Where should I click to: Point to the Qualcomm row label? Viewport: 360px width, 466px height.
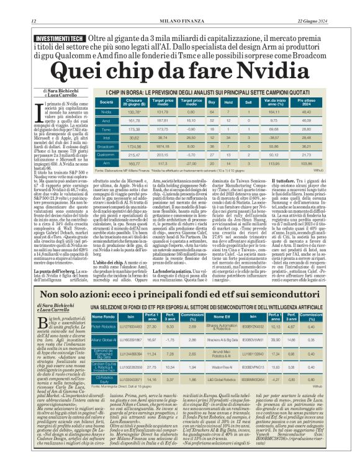tap(107, 155)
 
